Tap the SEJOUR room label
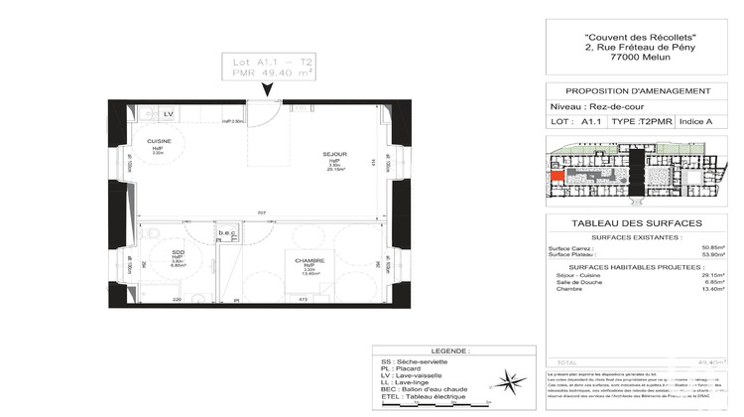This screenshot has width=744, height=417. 335,154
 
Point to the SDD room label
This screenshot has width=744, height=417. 179,252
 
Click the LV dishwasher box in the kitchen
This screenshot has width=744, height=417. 169,115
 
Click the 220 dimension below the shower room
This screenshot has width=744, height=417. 178,299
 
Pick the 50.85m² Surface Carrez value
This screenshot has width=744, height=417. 710,248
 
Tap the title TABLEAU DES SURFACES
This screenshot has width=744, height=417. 637,223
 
